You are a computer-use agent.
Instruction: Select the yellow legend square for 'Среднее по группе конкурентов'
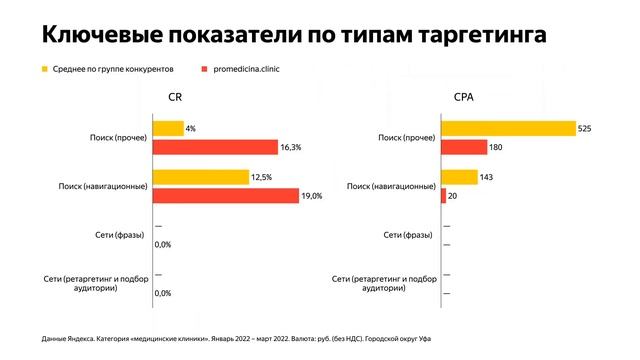[44, 70]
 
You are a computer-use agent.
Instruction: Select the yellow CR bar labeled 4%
[168, 128]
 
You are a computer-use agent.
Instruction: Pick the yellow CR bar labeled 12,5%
[201, 177]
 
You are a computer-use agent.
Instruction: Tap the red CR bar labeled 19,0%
[225, 196]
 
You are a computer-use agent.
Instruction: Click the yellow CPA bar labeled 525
[508, 128]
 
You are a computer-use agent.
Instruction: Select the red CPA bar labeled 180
[464, 147]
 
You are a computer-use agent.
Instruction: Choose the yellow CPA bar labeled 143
[459, 177]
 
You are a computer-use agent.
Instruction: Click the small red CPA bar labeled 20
[443, 196]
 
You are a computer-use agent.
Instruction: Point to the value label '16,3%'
[291, 147]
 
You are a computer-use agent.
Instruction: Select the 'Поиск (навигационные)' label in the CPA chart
[390, 186]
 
